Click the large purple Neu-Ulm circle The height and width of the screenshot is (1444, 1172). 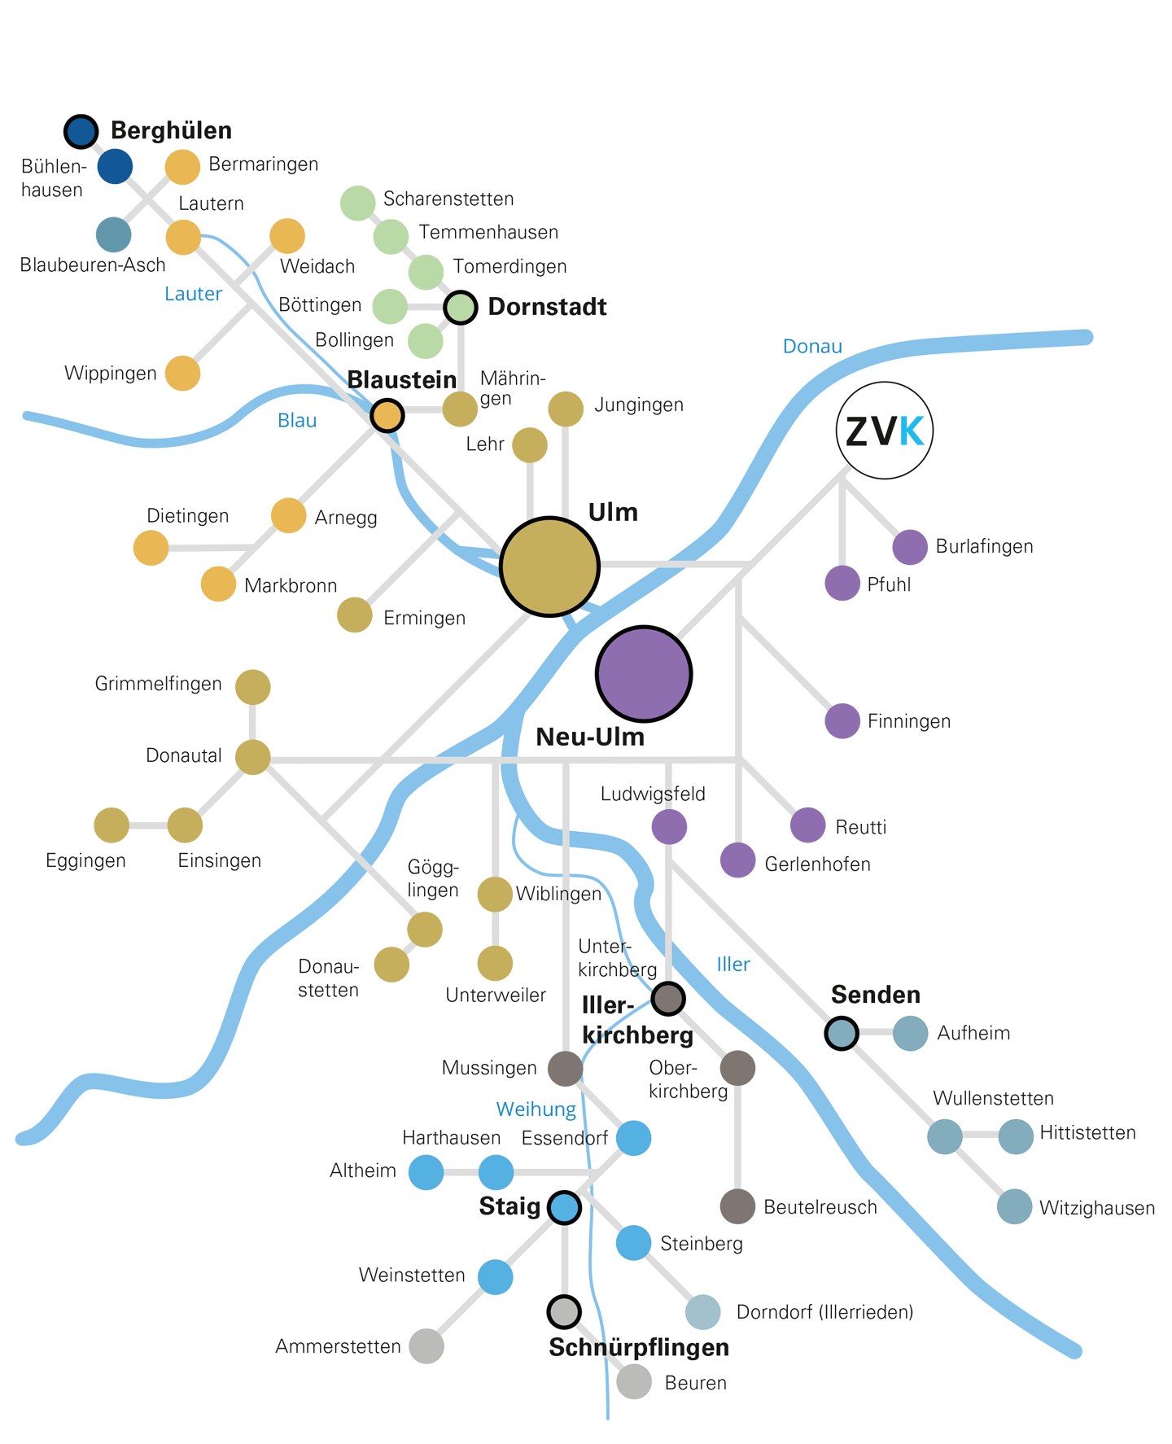coord(644,673)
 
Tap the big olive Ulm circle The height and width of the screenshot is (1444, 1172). coord(550,566)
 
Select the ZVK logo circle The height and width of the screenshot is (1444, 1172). coord(885,431)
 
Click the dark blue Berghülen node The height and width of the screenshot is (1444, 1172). coord(81,131)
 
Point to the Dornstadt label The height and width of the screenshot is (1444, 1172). coord(547,307)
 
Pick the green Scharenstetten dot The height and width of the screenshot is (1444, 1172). coord(357,203)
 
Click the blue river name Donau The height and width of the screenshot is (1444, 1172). coord(812,346)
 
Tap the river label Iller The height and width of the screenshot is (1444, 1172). coord(733,965)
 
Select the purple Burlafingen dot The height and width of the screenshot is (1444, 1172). coord(910,547)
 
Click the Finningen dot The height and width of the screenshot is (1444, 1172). coord(842,721)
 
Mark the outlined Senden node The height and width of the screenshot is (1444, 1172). coord(842,1033)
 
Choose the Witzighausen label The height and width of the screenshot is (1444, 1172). coord(1097,1208)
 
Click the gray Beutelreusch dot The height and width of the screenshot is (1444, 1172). coord(737,1206)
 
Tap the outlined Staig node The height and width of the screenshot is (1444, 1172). coord(565,1207)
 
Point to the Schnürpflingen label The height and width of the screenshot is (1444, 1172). coord(639,1348)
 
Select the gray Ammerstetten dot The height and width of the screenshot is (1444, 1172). coord(426,1346)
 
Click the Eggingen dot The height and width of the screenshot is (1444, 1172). coord(112,825)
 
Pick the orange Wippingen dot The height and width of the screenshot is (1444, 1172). coord(183,374)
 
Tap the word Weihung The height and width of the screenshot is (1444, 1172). coord(536,1109)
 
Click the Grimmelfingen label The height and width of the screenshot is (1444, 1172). coord(159,684)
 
